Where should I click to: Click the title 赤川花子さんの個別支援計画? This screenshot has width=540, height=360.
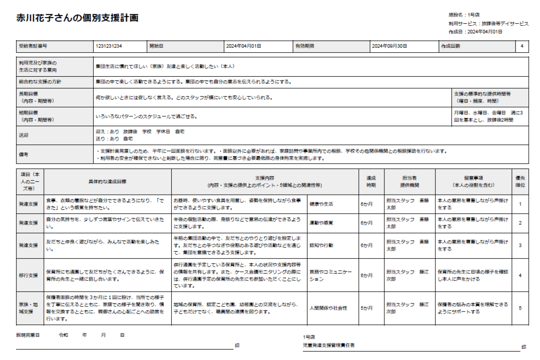[x=77, y=18]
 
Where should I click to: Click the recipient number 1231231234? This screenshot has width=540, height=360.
[x=109, y=46]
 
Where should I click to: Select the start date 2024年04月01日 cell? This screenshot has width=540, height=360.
[x=243, y=46]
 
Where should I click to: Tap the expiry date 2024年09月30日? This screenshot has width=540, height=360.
[x=389, y=46]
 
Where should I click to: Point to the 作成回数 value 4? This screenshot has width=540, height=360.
[x=522, y=46]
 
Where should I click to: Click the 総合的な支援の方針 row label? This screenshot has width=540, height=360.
[x=37, y=82]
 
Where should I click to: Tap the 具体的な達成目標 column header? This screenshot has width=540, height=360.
[x=107, y=182]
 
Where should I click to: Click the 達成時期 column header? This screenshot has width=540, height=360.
[x=371, y=182]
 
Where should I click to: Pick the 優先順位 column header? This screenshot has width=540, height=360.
[x=520, y=182]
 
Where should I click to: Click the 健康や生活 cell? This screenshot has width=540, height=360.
[x=321, y=204]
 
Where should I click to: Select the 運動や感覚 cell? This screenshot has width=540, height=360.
[x=321, y=223]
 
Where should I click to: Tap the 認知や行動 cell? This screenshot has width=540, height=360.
[x=321, y=245]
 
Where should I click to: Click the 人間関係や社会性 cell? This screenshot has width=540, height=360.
[x=328, y=308]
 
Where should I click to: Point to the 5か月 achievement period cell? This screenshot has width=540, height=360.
[x=367, y=308]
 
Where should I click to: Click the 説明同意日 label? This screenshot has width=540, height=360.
[x=28, y=335]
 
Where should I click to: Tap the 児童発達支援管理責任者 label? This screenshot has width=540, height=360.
[x=329, y=345]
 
